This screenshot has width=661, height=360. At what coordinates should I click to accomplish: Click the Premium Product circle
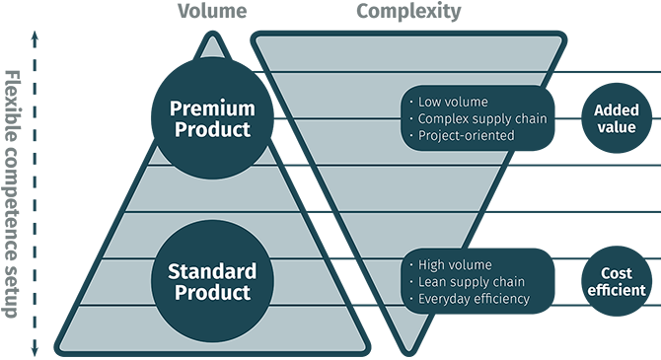pyautogui.click(x=210, y=116)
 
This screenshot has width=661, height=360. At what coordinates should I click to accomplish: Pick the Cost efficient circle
pyautogui.click(x=617, y=282)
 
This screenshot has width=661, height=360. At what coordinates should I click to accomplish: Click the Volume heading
pyautogui.click(x=210, y=12)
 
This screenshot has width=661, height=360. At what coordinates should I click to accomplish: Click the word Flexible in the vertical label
pyautogui.click(x=13, y=101)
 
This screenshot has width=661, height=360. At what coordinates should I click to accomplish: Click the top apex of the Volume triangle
pyautogui.click(x=210, y=37)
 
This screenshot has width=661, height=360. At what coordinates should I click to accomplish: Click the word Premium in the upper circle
pyautogui.click(x=210, y=107)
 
